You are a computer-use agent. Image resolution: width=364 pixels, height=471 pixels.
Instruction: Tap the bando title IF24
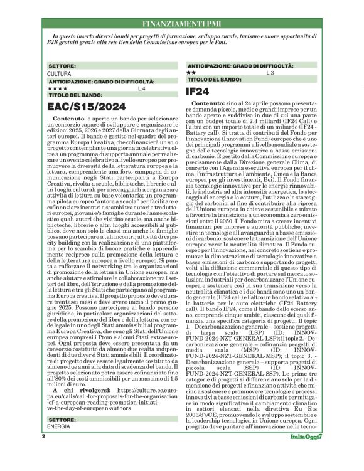(201, 92)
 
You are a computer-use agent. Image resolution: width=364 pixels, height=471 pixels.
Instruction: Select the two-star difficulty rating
(192, 73)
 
